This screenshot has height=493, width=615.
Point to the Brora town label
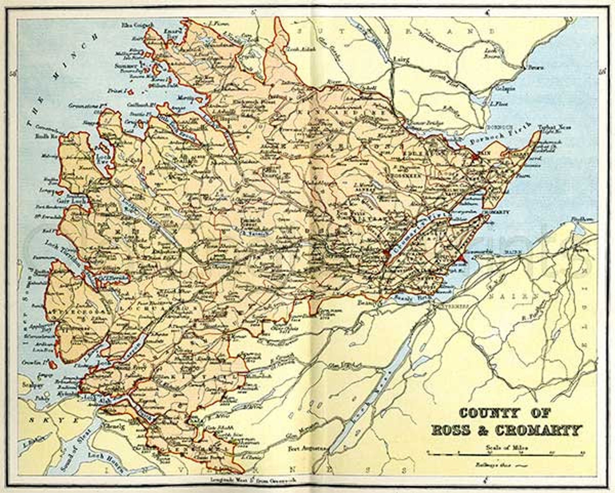point(536,68)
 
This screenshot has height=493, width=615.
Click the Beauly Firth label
point(411,299)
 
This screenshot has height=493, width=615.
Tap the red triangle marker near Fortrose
point(461,258)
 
